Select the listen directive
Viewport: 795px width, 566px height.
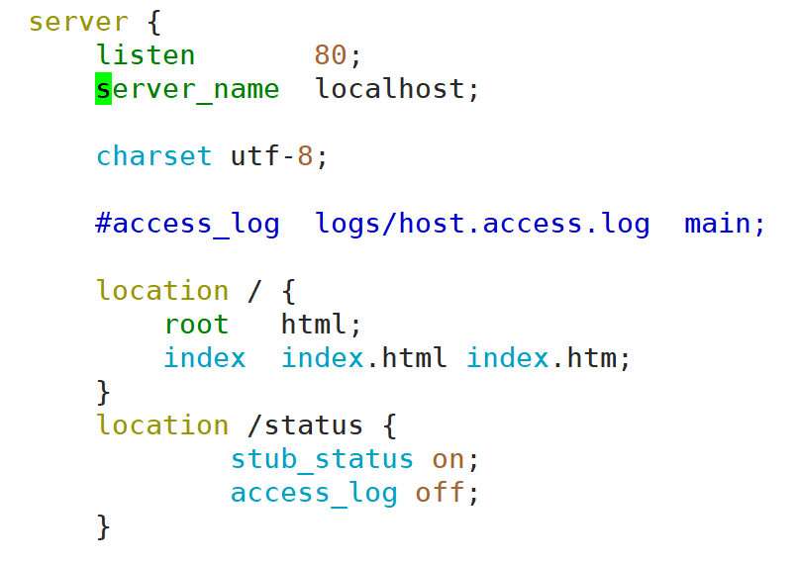pyautogui.click(x=146, y=55)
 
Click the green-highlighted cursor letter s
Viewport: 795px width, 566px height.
pyautogui.click(x=104, y=89)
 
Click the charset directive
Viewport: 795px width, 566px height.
pyautogui.click(x=153, y=156)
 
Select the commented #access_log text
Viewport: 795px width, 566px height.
pyautogui.click(x=187, y=224)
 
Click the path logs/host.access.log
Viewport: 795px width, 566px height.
pyautogui.click(x=482, y=224)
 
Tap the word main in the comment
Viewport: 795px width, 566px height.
pyautogui.click(x=717, y=224)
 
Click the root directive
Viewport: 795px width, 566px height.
pyautogui.click(x=196, y=325)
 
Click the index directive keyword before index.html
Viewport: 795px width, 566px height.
pyautogui.click(x=204, y=358)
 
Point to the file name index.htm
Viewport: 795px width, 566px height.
pyautogui.click(x=547, y=358)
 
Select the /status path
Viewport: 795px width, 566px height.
pyautogui.click(x=305, y=425)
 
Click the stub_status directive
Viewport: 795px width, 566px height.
pyautogui.click(x=322, y=459)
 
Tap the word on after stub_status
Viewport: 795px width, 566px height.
pyautogui.click(x=448, y=459)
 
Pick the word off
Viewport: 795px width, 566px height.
pyautogui.click(x=440, y=493)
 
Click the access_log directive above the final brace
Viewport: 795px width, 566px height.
pyautogui.click(x=314, y=493)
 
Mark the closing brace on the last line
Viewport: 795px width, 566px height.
pyautogui.click(x=104, y=526)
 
